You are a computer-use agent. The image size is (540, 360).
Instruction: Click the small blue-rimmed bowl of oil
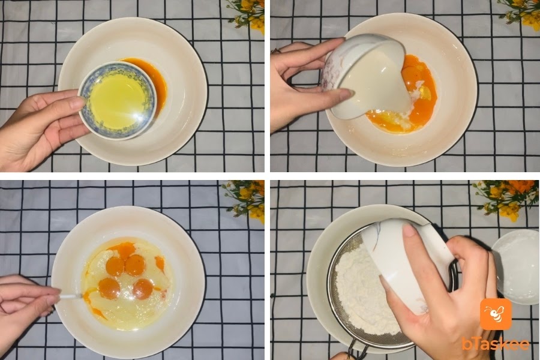coord(118,101)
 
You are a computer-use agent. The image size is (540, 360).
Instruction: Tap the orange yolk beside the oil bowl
coord(152,83)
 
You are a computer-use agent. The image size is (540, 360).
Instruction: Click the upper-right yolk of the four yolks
coord(134,265)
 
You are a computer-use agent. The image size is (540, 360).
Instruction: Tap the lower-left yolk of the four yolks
coord(109,288)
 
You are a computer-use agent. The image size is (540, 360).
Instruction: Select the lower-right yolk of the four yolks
coord(143,289)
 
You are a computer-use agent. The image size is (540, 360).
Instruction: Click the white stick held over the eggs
coord(71,296)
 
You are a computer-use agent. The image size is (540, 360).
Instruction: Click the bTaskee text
coord(496,343)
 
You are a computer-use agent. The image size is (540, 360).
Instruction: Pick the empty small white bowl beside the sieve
coord(516,268)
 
